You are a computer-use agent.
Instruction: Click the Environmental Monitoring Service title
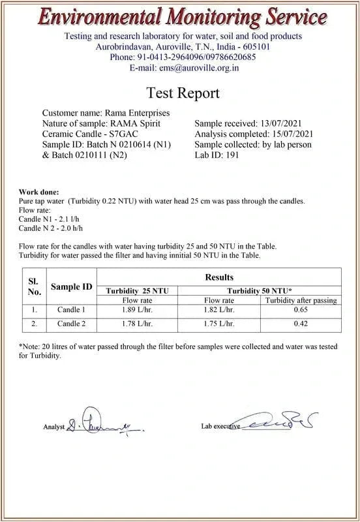tap(180, 16)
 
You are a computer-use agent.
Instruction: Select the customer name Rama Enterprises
tap(138, 114)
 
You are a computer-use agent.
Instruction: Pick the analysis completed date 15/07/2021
tap(288, 134)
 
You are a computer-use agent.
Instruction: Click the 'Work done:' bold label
tap(38, 192)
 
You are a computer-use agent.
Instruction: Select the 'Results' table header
tap(219, 278)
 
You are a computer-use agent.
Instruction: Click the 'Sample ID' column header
tap(72, 286)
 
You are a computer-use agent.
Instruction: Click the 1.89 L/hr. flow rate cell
tap(137, 309)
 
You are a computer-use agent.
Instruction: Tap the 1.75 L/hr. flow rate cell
tap(219, 324)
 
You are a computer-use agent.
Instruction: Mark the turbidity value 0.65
tap(301, 309)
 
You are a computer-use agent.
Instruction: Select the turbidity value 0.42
tap(301, 324)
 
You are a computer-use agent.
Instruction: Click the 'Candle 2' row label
tap(71, 324)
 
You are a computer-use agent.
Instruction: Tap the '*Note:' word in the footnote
tap(30, 346)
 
